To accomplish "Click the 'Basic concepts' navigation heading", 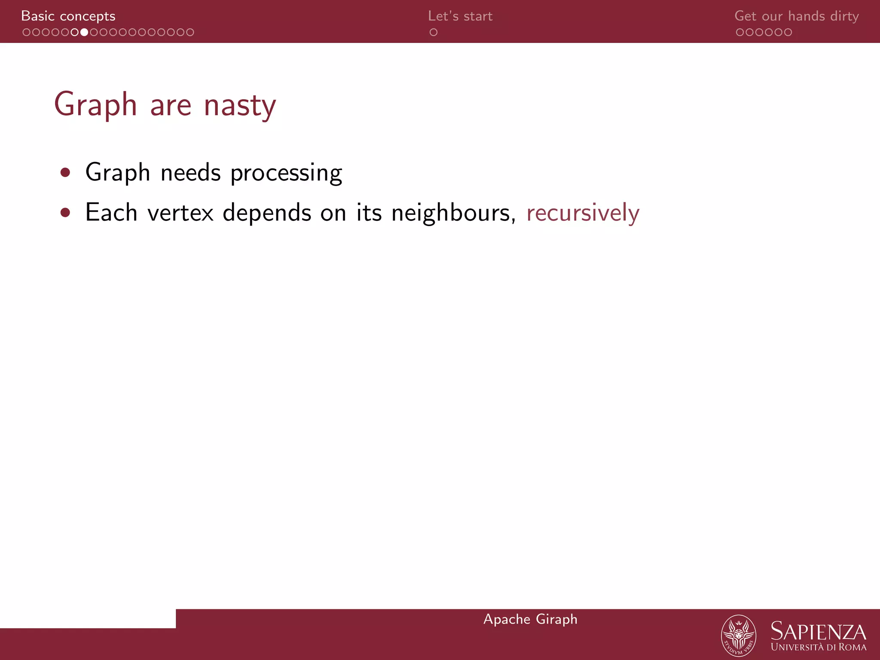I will click(x=68, y=16).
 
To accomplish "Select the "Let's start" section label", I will click(x=460, y=16).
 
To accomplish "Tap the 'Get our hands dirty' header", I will click(x=796, y=16).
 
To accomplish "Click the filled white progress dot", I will click(x=84, y=32).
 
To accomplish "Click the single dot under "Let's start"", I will click(x=433, y=32).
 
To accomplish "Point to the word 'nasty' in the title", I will click(x=239, y=105).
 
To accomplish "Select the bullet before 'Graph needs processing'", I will click(x=65, y=173).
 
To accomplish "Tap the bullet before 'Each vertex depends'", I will click(x=65, y=213).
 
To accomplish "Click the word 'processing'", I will click(x=286, y=173).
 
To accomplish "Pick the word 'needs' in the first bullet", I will click(x=190, y=173).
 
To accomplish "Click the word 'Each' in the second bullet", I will click(x=111, y=213).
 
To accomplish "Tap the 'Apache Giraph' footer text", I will click(x=530, y=619).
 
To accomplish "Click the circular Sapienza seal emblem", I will click(x=738, y=636).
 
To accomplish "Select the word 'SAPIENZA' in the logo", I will click(x=818, y=632).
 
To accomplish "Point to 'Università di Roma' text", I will click(x=818, y=647).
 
